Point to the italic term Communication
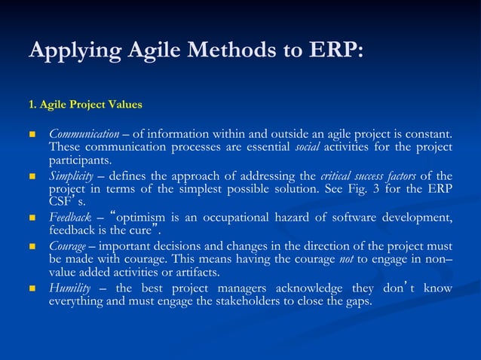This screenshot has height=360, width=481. click(84, 133)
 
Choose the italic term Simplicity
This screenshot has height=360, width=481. click(72, 176)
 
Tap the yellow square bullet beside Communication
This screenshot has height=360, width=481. click(32, 134)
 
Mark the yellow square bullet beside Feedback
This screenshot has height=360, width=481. click(32, 219)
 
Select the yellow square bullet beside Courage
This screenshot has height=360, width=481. click(32, 246)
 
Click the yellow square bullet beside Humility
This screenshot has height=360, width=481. click(32, 289)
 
